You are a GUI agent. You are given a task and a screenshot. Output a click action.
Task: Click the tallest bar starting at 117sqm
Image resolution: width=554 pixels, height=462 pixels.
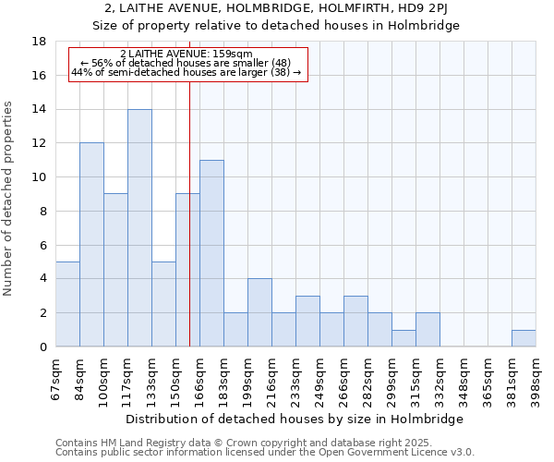click(x=139, y=228)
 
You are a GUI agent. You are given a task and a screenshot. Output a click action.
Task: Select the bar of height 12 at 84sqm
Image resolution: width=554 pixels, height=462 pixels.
click(x=91, y=245)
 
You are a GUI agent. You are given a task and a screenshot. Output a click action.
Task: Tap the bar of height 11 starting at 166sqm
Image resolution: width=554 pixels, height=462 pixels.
click(x=211, y=253)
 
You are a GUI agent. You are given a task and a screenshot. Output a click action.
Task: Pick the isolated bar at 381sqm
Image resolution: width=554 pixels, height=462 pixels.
click(x=524, y=338)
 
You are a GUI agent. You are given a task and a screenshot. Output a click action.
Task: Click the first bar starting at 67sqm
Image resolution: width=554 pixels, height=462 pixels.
click(x=67, y=304)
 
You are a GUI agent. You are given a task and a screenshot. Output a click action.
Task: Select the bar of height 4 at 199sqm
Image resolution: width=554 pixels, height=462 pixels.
click(x=259, y=312)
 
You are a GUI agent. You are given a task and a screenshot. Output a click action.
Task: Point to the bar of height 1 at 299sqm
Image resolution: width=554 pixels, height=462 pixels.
click(x=403, y=338)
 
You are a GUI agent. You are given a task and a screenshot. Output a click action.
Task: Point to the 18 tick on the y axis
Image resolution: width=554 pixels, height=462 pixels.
click(x=39, y=42)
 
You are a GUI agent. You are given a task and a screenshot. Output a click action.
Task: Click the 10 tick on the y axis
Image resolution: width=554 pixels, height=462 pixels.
click(x=39, y=177)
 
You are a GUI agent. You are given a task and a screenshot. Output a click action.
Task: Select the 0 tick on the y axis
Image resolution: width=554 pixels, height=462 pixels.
click(x=42, y=346)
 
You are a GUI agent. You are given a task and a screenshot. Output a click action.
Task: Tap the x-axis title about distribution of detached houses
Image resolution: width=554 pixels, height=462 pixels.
click(x=295, y=419)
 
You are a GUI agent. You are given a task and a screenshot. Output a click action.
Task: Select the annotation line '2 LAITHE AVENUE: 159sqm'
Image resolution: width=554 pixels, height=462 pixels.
click(x=187, y=55)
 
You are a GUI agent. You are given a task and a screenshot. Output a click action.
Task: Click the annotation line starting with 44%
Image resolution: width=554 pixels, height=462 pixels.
click(x=187, y=72)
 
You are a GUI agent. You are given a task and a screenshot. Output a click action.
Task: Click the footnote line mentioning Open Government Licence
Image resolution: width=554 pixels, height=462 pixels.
click(x=265, y=453)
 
